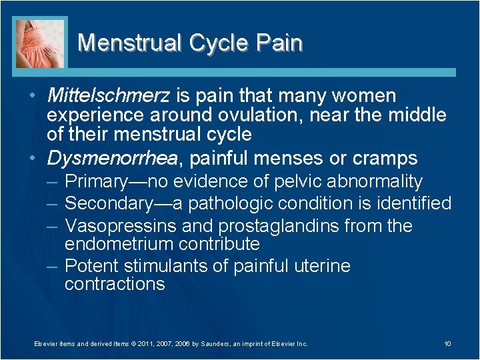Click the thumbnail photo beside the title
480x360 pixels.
click(x=41, y=43)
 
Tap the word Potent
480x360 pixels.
click(x=91, y=266)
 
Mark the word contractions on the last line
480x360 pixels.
click(x=115, y=284)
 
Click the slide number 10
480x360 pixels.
click(x=447, y=343)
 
